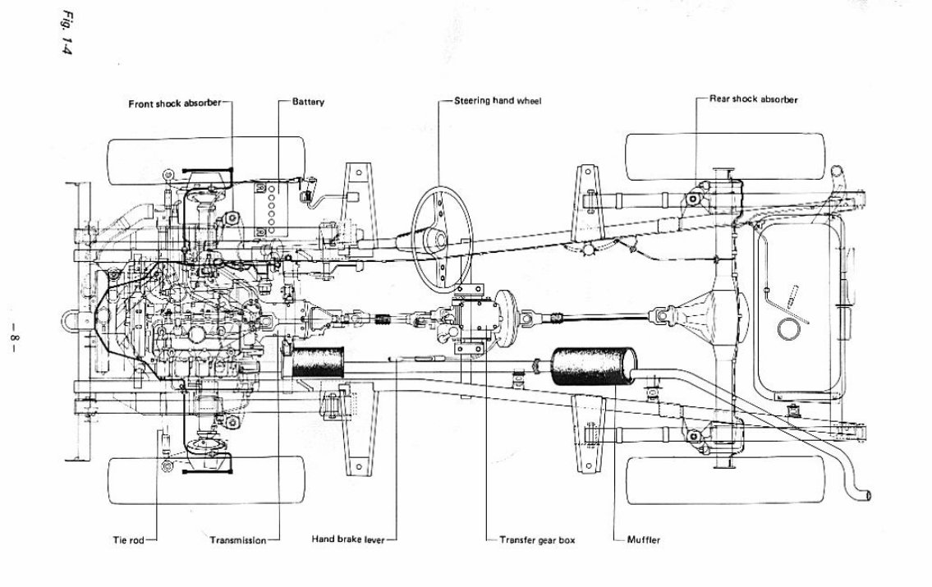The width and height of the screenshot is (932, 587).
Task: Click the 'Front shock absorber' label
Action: (172, 103)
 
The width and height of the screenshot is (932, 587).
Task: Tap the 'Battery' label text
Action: (308, 103)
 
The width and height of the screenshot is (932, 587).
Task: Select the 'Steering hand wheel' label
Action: (498, 101)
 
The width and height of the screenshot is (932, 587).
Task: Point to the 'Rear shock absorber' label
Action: (753, 99)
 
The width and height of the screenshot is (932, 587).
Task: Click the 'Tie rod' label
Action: (128, 541)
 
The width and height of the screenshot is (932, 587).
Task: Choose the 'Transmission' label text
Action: (237, 541)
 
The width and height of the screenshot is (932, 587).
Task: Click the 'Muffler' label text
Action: (644, 540)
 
